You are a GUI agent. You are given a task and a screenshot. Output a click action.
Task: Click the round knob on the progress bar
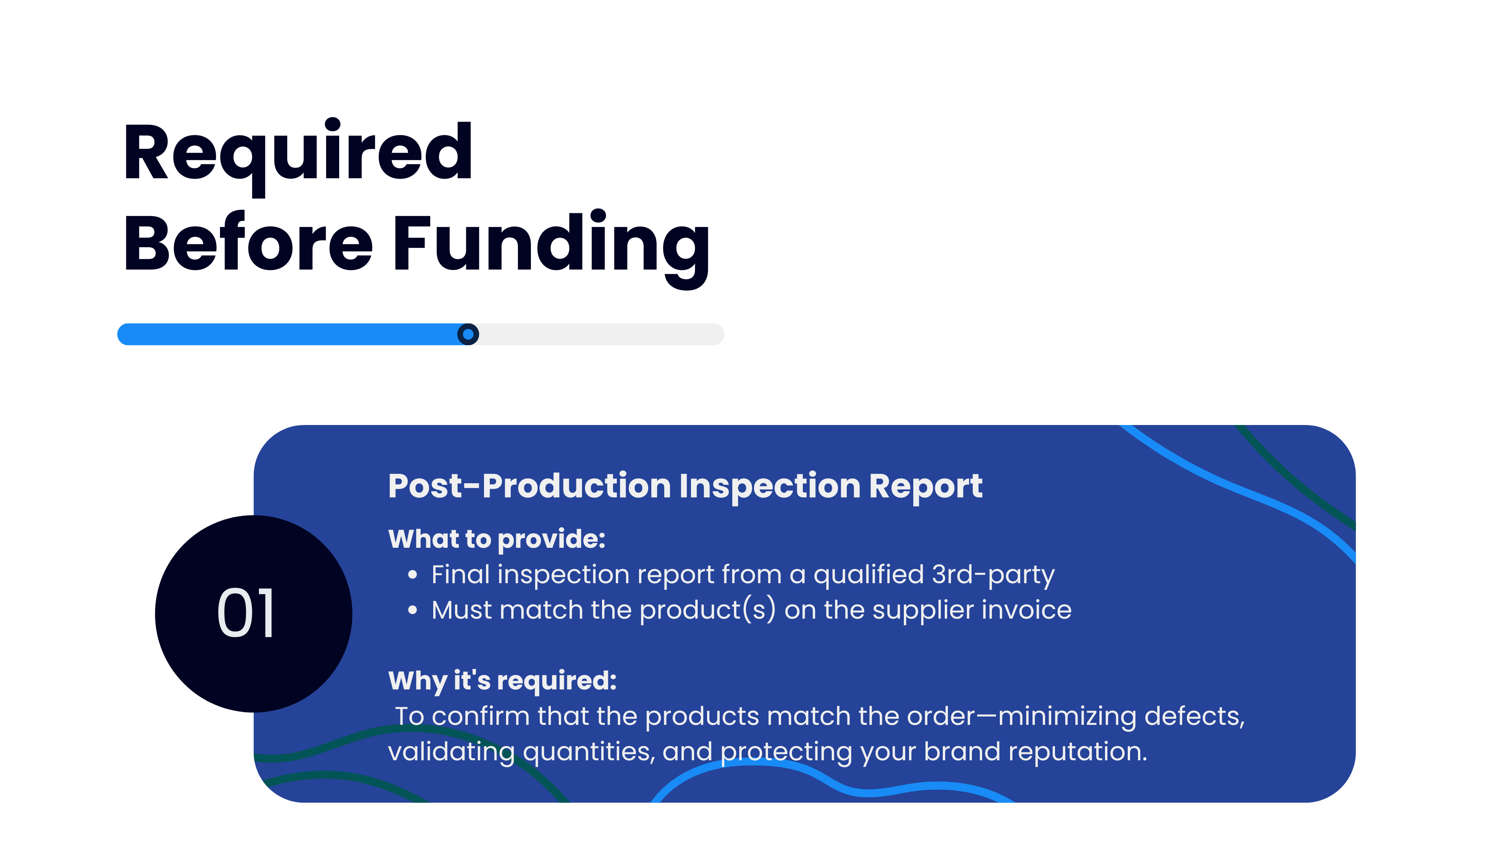(x=467, y=334)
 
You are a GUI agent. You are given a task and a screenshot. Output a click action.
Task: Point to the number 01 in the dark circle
(x=246, y=613)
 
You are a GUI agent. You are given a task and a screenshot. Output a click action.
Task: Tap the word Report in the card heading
(x=925, y=487)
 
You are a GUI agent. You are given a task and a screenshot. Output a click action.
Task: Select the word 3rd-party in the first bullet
(x=993, y=575)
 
